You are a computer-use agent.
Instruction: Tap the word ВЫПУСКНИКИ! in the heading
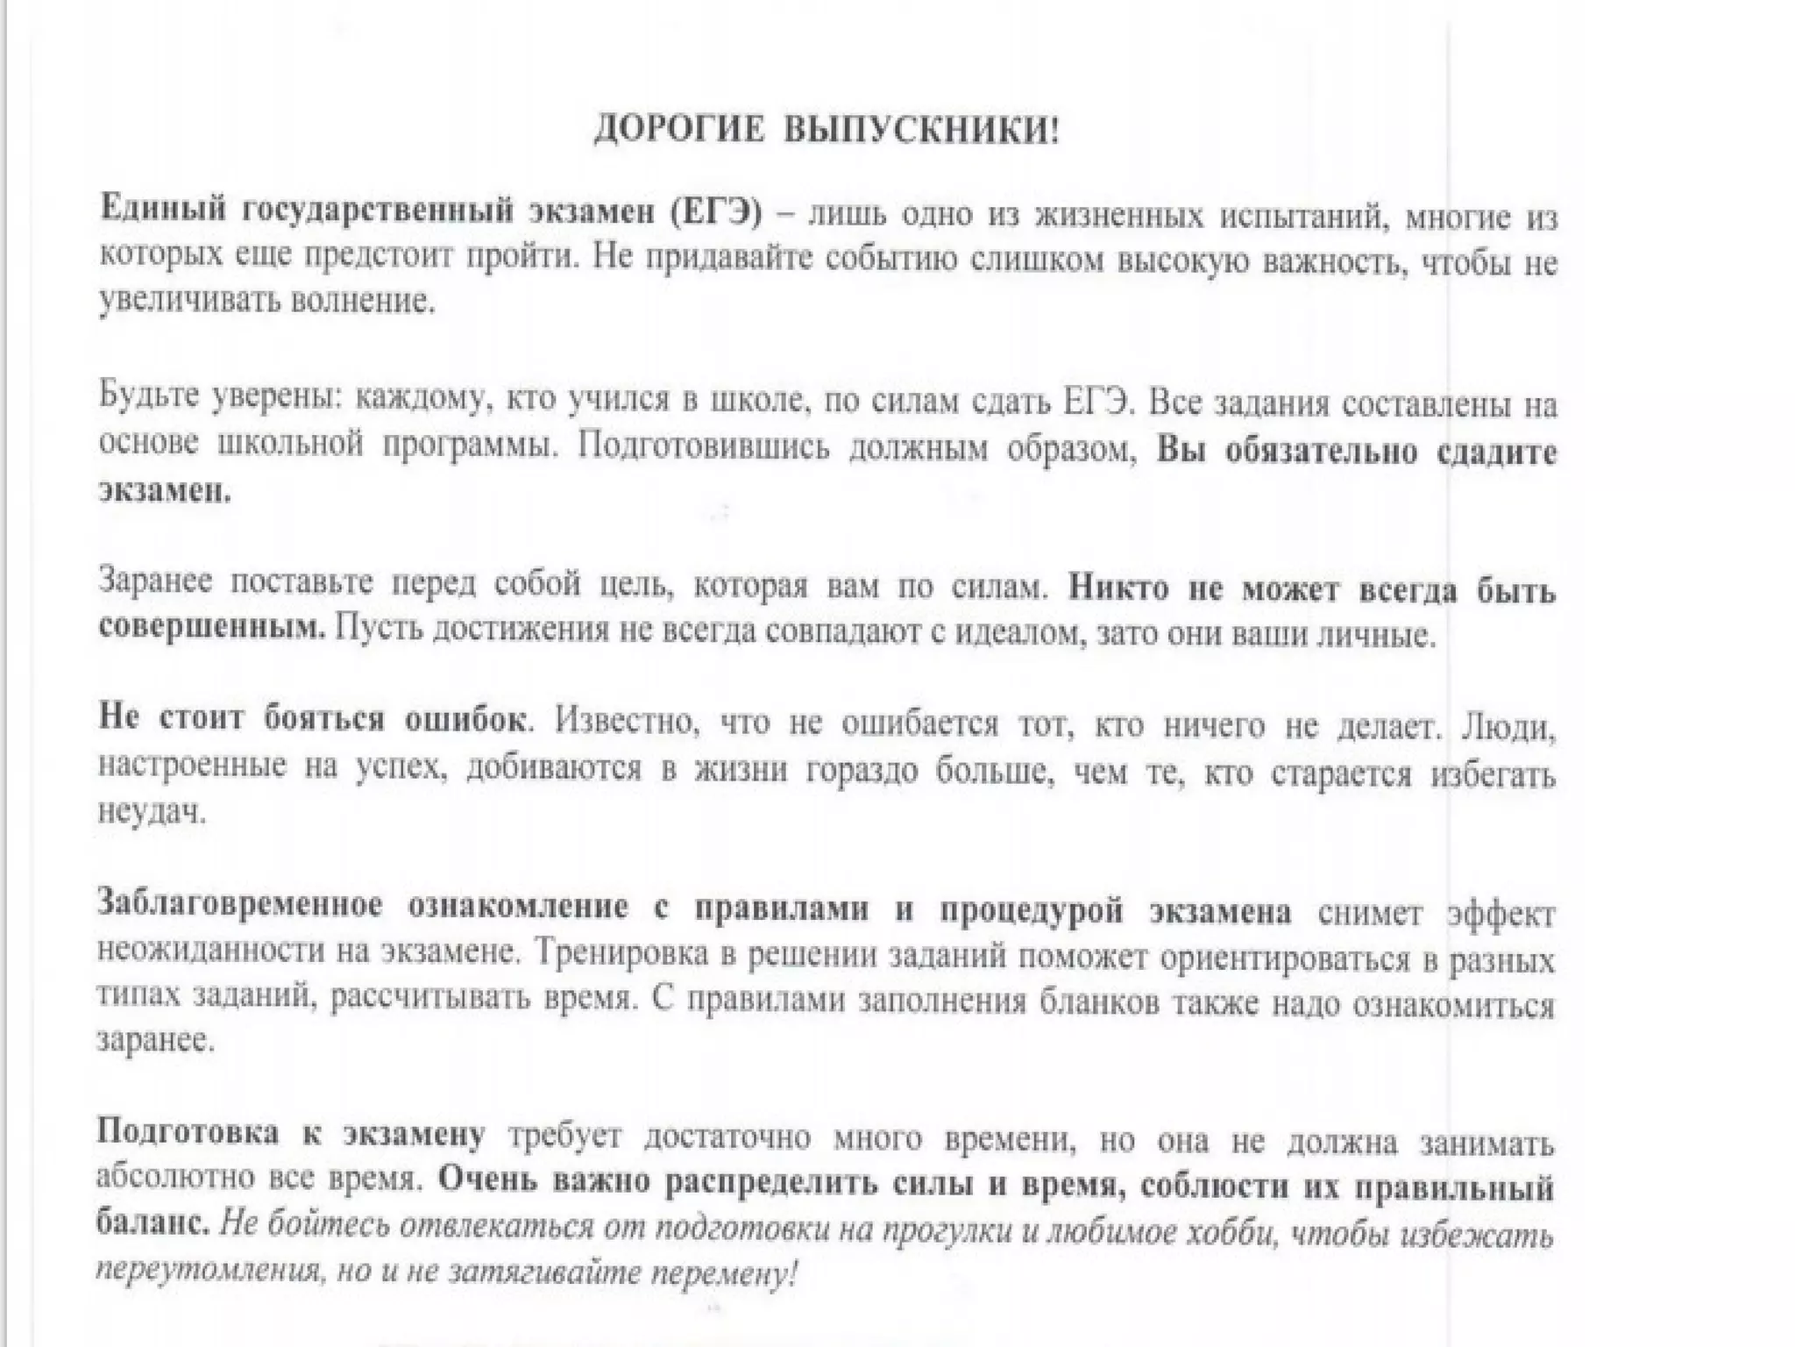pyautogui.click(x=920, y=132)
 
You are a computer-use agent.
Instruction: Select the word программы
pyautogui.click(x=469, y=445)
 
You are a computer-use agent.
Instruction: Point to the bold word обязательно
pyautogui.click(x=1320, y=452)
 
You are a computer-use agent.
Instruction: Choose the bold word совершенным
pyautogui.click(x=211, y=628)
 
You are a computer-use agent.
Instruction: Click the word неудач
pyautogui.click(x=151, y=812)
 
